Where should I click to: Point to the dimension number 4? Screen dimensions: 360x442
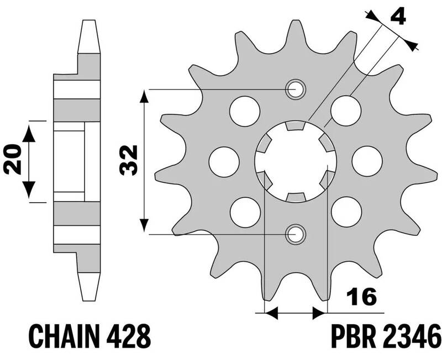click(x=397, y=17)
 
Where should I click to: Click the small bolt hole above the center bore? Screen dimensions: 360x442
click(x=294, y=88)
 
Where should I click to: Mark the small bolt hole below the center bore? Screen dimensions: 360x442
click(x=294, y=234)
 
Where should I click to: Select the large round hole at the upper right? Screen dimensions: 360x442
click(x=346, y=110)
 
